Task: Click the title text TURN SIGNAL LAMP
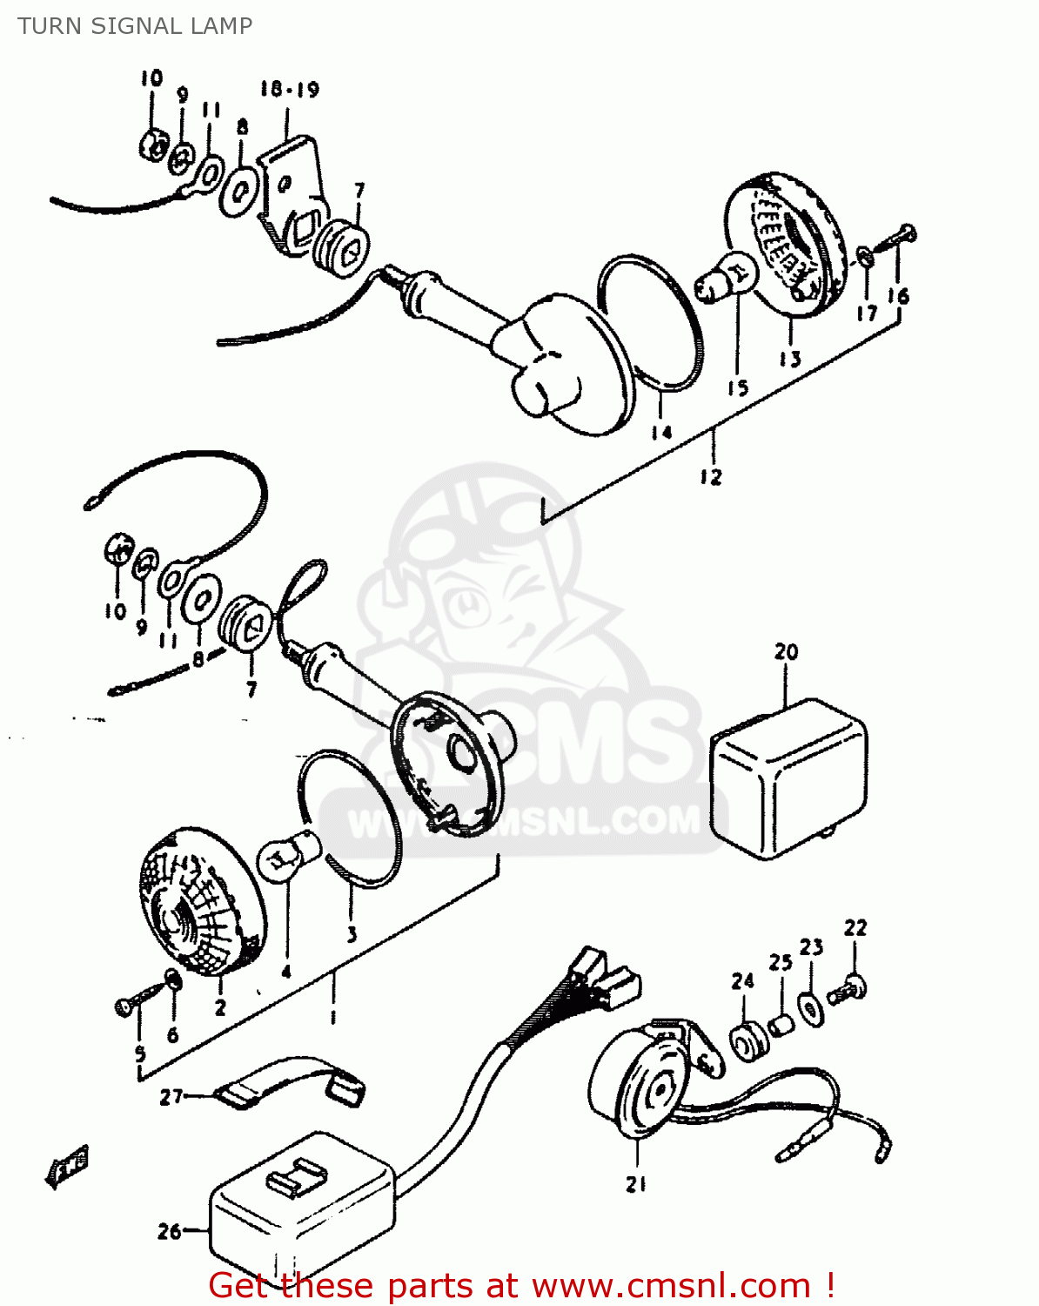(135, 26)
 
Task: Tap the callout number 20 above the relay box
(786, 651)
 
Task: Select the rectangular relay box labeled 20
(788, 779)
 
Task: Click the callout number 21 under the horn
(636, 1184)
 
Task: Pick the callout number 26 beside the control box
(170, 1231)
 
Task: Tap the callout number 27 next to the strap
(171, 1096)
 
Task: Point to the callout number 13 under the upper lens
(789, 359)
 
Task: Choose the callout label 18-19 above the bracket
(290, 89)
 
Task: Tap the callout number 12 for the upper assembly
(711, 477)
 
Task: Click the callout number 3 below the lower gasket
(352, 935)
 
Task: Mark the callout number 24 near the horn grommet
(742, 981)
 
